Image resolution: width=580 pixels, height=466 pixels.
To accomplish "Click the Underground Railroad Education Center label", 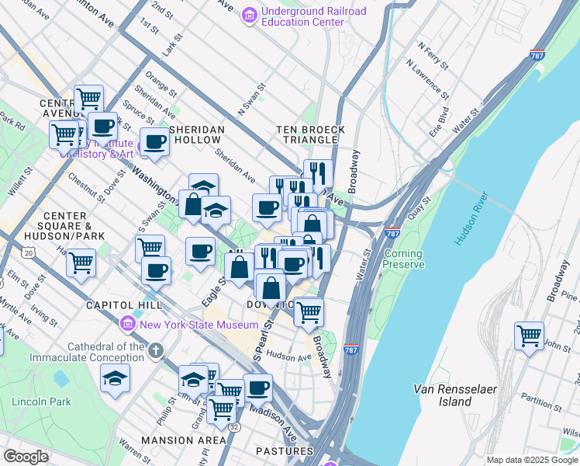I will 302,16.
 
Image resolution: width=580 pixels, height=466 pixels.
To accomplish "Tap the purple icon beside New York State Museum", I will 128,323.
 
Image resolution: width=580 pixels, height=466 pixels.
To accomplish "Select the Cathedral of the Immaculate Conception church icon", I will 156,351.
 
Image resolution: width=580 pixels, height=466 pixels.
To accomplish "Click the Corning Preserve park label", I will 403,259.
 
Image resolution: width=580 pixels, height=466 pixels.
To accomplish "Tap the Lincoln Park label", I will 41,402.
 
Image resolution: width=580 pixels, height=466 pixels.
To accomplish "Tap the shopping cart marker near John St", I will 529,336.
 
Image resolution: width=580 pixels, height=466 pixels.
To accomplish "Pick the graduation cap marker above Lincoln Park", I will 115,378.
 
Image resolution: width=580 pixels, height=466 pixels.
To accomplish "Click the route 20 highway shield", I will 29,252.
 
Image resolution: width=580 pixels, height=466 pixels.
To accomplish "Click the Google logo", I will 26,457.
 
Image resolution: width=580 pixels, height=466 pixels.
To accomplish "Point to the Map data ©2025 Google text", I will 531,460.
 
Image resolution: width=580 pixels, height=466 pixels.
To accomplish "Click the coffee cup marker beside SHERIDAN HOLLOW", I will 154,142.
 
